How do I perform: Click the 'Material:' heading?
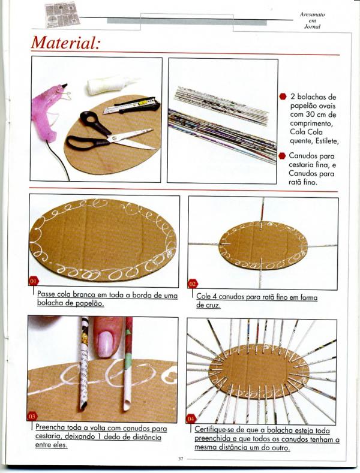tap(65, 43)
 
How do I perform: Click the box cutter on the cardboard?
tap(131, 106)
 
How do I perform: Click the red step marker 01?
tap(34, 281)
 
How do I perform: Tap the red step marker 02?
tap(193, 284)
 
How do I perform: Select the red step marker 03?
tap(32, 416)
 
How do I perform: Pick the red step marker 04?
tap(191, 419)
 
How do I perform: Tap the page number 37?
tap(181, 459)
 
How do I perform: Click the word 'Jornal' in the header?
tap(312, 26)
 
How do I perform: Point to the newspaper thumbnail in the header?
tap(62, 14)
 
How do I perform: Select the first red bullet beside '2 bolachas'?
tap(283, 97)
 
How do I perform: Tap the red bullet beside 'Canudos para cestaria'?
tap(282, 156)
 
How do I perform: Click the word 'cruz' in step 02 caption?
tap(213, 305)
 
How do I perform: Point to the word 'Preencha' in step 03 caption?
tap(50, 427)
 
